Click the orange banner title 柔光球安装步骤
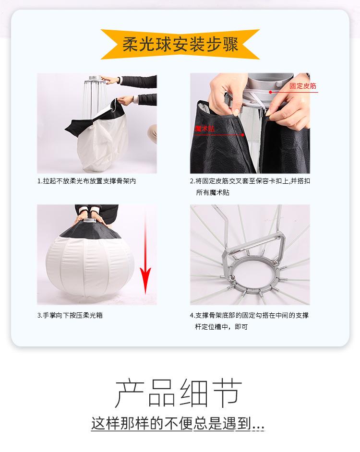pos(180,45)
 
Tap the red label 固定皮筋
pos(303,86)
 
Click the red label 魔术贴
pos(204,129)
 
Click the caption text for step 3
pos(70,315)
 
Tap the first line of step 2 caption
pos(250,181)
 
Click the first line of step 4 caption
pos(249,315)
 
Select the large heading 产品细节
pos(179,393)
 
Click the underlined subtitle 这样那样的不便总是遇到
pos(178,423)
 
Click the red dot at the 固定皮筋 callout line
pos(270,92)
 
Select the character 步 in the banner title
pos(208,45)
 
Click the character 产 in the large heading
pos(130,393)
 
